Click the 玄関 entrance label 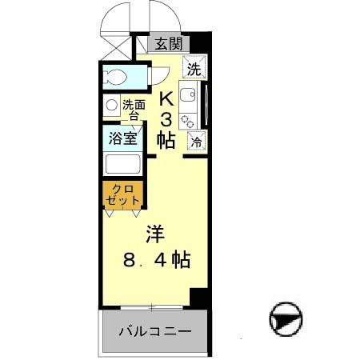click(169, 44)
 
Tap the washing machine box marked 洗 click(194, 66)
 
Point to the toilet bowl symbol click(115, 78)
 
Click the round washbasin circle click(111, 105)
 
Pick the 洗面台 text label click(134, 110)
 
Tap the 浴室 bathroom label click(122, 138)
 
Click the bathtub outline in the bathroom click(123, 164)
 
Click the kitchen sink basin click(187, 94)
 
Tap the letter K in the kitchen click(166, 99)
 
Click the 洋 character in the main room click(154, 234)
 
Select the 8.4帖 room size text click(157, 259)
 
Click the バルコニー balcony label click(155, 331)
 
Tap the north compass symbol click(286, 319)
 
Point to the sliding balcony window click(151, 307)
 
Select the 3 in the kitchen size click(166, 120)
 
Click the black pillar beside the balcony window click(198, 298)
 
